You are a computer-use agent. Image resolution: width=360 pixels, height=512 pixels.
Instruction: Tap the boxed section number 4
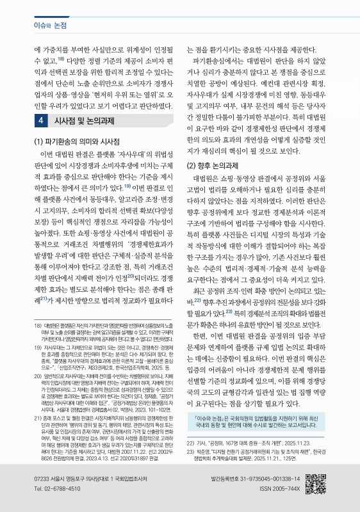click(41, 102)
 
